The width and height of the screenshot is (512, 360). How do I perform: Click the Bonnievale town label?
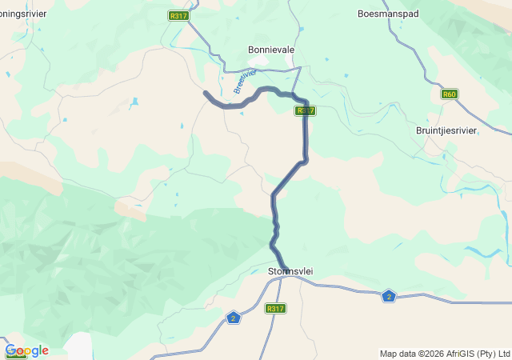[271, 50]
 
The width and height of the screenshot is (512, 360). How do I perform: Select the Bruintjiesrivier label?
[446, 130]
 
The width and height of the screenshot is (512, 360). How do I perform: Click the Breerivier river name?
[245, 81]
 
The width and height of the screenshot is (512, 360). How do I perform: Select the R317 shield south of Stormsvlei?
[275, 308]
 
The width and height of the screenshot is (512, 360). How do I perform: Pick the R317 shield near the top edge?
[178, 15]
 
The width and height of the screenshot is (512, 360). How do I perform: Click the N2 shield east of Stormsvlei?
[389, 296]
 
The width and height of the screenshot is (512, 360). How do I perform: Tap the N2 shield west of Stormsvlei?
[233, 318]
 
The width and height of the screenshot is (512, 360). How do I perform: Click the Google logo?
[27, 350]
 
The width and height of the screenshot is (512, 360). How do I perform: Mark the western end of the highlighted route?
[206, 94]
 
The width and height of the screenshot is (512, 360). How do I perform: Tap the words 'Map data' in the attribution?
[398, 354]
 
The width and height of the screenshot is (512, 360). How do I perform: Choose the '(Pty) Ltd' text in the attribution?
[494, 354]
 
